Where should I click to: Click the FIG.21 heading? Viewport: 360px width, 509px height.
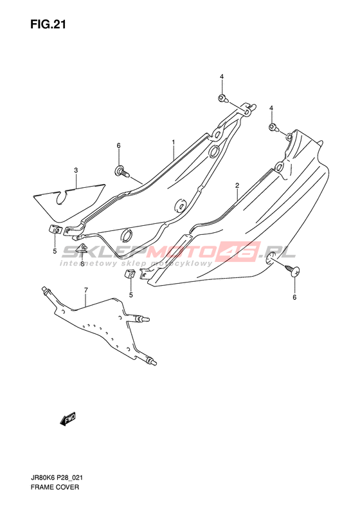[x=48, y=24]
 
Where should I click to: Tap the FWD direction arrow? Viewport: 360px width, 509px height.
[x=67, y=419]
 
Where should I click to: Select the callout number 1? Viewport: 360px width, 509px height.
[x=174, y=142]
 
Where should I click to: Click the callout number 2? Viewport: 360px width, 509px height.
[x=237, y=185]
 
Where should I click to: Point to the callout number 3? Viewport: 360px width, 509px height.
[x=76, y=170]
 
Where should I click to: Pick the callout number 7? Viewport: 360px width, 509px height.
[x=85, y=290]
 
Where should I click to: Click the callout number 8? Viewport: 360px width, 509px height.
[x=82, y=264]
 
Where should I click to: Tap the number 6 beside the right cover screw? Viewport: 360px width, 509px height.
[x=294, y=297]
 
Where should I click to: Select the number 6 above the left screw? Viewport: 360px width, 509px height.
[x=119, y=146]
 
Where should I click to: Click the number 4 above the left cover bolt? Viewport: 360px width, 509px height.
[x=222, y=77]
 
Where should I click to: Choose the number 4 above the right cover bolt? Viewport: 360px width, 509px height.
[x=271, y=108]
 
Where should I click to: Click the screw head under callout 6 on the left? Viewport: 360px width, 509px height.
[x=123, y=171]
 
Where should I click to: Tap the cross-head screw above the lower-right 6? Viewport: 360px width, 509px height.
[x=292, y=270]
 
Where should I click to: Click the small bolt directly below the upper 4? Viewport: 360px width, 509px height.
[x=223, y=98]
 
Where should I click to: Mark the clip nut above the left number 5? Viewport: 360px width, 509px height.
[x=55, y=230]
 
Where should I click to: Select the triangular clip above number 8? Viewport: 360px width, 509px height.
[x=83, y=248]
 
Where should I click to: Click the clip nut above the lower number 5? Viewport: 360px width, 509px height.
[x=130, y=274]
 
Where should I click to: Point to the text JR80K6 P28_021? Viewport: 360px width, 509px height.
[x=57, y=478]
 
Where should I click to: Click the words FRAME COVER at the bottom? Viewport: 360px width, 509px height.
[x=55, y=487]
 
